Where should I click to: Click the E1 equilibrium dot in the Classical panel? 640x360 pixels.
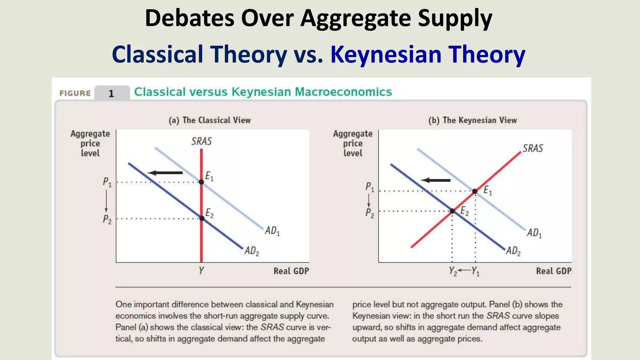(x=201, y=182)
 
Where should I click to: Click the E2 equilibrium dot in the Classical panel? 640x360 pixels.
(x=202, y=218)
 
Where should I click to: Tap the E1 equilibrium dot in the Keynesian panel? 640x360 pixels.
(x=475, y=191)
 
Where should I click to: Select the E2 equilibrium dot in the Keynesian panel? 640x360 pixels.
(x=452, y=211)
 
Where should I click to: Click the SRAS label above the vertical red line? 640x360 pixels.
(x=201, y=141)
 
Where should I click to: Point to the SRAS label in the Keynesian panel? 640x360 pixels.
(x=533, y=148)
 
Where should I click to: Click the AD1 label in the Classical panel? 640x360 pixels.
(x=272, y=231)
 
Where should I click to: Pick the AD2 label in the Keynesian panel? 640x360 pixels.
(x=513, y=251)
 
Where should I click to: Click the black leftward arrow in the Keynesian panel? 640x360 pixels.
(x=436, y=180)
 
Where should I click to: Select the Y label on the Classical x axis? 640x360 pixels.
(x=201, y=270)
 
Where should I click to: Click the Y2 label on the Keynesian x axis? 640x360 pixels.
(x=453, y=271)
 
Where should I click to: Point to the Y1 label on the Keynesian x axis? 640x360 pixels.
(x=475, y=271)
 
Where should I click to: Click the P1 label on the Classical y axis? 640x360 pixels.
(x=107, y=182)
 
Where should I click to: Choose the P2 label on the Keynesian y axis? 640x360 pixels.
(x=369, y=213)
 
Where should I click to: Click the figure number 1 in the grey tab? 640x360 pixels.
(x=111, y=93)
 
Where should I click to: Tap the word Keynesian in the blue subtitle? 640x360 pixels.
(x=386, y=54)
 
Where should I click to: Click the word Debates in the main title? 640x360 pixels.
(x=189, y=18)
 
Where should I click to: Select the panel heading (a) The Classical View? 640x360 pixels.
(x=210, y=120)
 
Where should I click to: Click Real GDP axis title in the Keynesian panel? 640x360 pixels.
(x=553, y=271)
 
